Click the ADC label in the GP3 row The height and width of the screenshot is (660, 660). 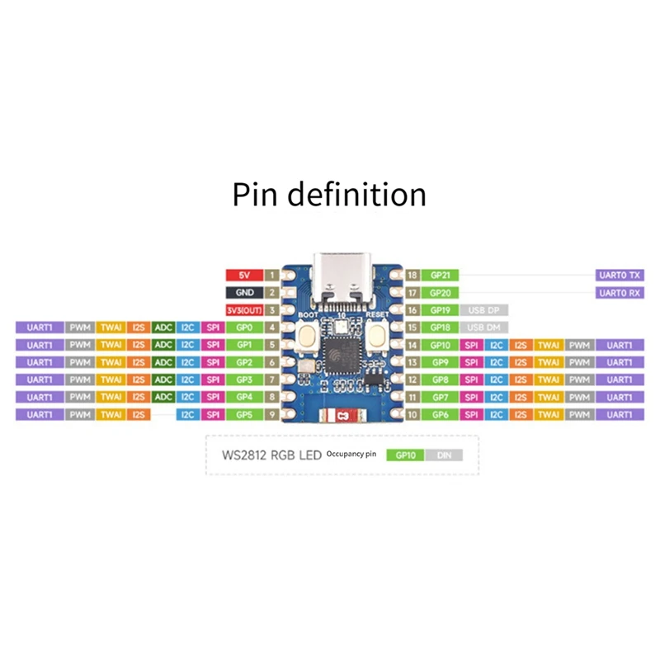tap(163, 379)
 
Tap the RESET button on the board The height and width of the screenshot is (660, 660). tap(378, 334)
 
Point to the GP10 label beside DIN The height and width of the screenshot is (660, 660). tap(405, 455)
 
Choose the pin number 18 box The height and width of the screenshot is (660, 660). tap(412, 275)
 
